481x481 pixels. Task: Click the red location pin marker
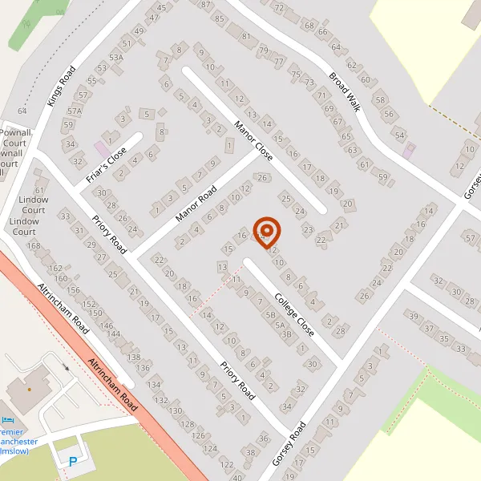266,232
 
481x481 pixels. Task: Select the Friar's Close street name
107,164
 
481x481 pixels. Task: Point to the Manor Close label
253,140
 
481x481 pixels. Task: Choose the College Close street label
294,313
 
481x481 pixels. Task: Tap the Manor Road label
196,204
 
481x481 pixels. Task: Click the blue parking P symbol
74,462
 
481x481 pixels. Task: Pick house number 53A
116,58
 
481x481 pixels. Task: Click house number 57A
75,111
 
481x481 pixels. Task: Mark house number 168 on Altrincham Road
33,245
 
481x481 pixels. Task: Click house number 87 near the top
208,5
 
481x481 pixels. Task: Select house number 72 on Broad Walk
279,8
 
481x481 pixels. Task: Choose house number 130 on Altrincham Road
175,411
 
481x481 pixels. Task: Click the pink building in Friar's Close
103,149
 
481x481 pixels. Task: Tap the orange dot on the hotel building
30,389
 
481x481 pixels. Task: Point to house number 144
114,334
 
